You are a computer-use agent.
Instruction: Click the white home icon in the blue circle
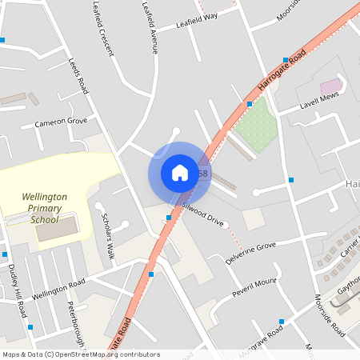179,172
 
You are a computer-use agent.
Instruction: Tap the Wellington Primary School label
45,207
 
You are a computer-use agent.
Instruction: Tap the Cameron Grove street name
60,122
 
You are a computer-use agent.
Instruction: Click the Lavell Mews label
320,100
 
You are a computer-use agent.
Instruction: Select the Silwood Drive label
202,214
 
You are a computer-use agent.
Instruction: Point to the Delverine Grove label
250,253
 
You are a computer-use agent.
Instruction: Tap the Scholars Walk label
106,237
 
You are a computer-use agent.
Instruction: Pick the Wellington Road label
58,290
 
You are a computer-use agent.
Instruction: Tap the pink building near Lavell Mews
330,86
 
